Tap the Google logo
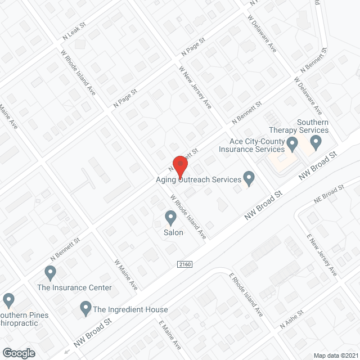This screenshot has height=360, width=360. click(x=19, y=353)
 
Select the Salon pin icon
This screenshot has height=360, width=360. click(x=170, y=217)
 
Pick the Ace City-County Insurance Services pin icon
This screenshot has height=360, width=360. click(x=292, y=146)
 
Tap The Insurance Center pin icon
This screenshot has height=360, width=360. click(x=50, y=273)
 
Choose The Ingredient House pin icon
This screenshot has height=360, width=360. click(x=85, y=308)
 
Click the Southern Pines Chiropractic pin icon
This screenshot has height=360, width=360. click(x=8, y=300)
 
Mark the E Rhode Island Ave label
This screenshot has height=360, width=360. click(x=246, y=294)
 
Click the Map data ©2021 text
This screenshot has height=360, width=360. click(x=335, y=355)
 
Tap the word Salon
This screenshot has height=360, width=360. click(x=173, y=232)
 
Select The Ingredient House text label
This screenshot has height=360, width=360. click(x=130, y=309)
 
